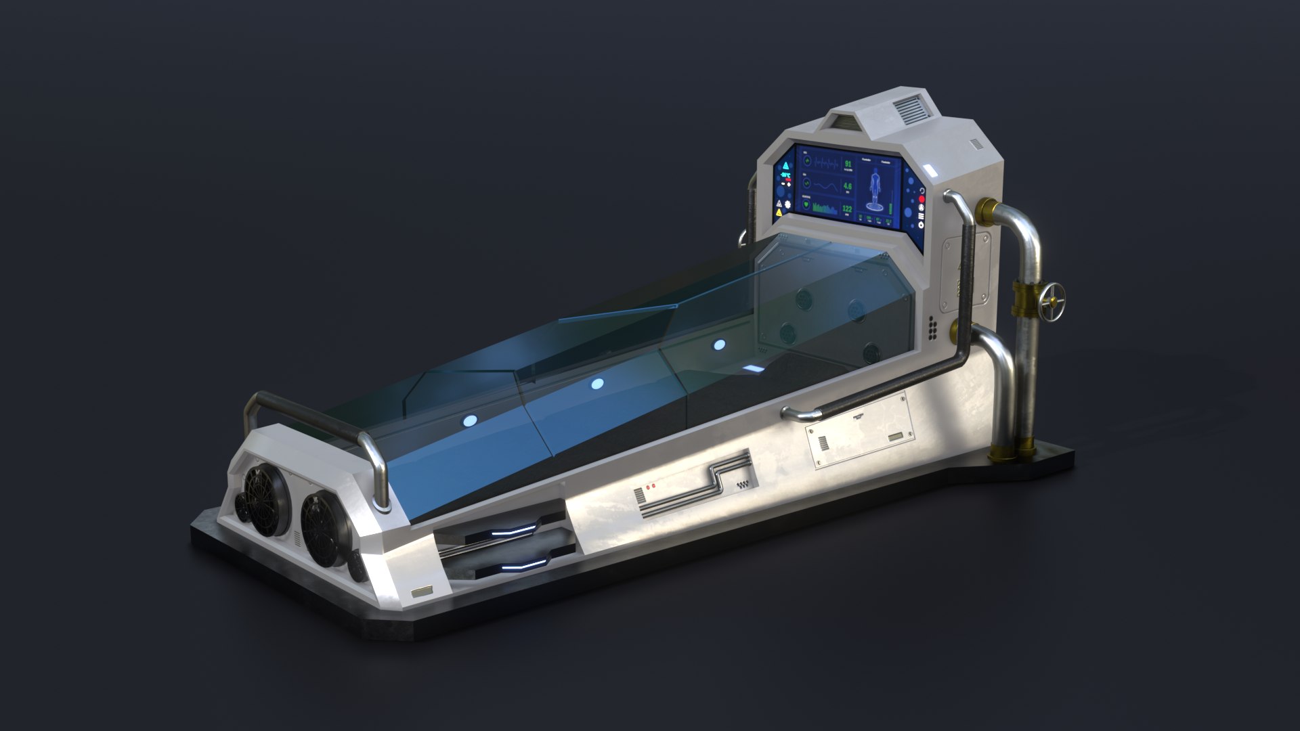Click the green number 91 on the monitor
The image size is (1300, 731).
848,164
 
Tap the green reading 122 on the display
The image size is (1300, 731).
846,209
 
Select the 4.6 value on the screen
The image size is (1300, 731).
847,187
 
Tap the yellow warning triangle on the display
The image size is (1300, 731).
779,213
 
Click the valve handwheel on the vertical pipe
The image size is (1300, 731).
1054,296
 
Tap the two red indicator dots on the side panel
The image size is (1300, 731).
650,486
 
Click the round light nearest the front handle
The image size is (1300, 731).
468,420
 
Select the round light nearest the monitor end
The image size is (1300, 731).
718,345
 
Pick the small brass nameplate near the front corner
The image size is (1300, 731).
421,592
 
